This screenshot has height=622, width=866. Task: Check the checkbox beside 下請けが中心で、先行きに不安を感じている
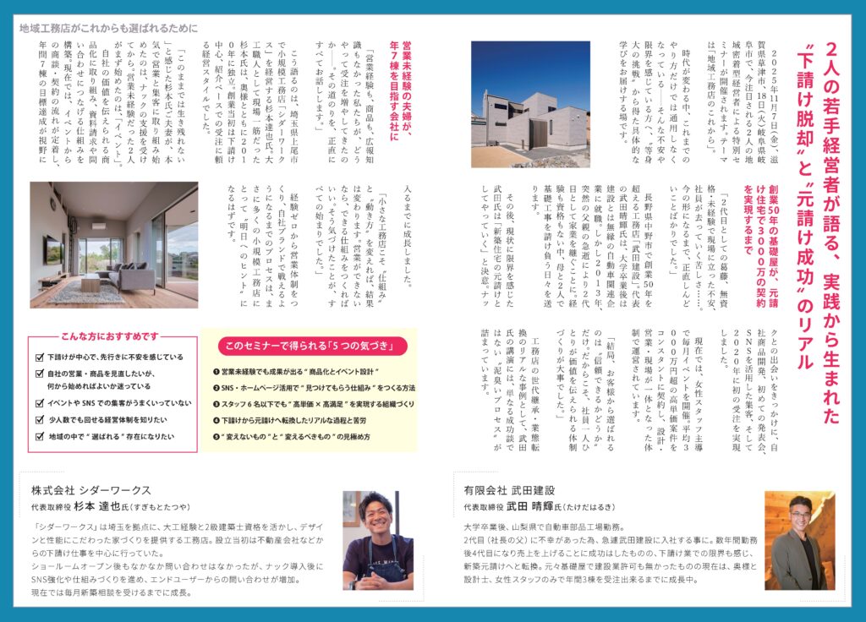[x=40, y=357]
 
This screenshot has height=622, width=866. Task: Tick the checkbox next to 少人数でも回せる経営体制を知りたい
[x=40, y=420]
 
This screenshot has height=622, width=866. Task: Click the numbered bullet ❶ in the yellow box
[x=216, y=371]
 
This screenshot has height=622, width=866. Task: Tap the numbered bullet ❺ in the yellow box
[x=216, y=437]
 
